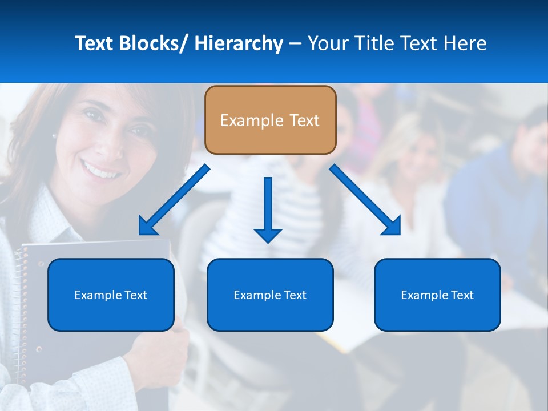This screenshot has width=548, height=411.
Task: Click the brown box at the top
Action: point(270,120)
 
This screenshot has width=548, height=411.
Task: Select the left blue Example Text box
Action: point(111,295)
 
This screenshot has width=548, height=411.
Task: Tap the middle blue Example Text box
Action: point(270,295)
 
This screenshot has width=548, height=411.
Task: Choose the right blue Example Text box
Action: point(437,295)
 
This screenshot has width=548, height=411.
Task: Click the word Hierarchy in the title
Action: point(239,43)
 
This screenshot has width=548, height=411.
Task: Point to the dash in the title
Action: point(295,43)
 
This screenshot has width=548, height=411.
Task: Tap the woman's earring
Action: point(54,136)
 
